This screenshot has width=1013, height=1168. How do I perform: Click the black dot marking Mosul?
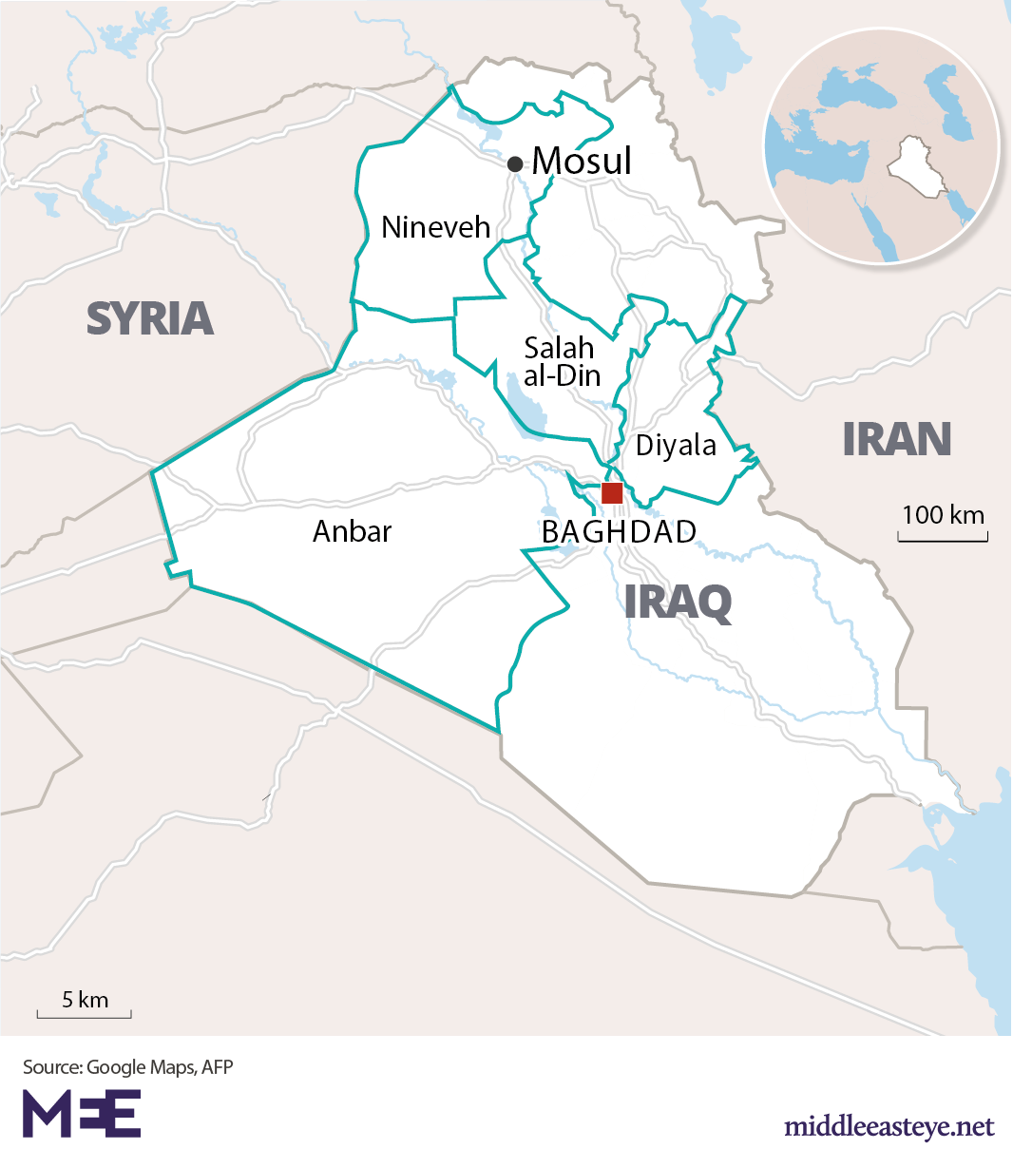[x=515, y=163]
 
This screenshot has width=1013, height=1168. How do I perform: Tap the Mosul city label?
[x=582, y=161]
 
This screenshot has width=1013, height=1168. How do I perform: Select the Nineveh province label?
[x=435, y=227]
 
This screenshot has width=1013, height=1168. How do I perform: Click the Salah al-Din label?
[x=562, y=361]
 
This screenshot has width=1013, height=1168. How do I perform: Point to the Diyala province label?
[x=676, y=445]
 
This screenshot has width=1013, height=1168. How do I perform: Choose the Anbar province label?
[x=352, y=531]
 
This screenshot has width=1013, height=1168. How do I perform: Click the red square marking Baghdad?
[x=612, y=492]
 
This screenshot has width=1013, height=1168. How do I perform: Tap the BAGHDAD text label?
[x=619, y=532]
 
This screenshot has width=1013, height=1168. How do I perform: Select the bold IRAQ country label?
[x=678, y=603]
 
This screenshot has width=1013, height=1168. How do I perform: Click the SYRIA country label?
[x=150, y=318]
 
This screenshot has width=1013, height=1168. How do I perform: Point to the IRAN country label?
[x=896, y=439]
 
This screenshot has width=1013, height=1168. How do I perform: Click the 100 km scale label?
[x=943, y=515]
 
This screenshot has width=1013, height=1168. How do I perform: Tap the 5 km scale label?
[x=85, y=1000]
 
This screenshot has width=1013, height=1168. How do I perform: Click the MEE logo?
[x=82, y=1114]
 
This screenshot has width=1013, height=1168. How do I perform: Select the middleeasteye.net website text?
[x=889, y=1127]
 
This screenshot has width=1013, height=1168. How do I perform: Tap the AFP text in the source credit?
[x=218, y=1067]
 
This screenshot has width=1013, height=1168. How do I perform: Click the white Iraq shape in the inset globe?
[x=916, y=169]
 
